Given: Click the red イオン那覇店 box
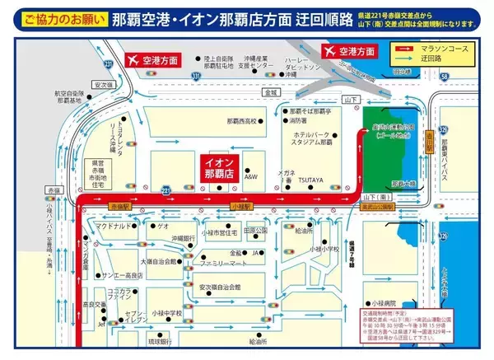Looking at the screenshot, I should click(x=220, y=168).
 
